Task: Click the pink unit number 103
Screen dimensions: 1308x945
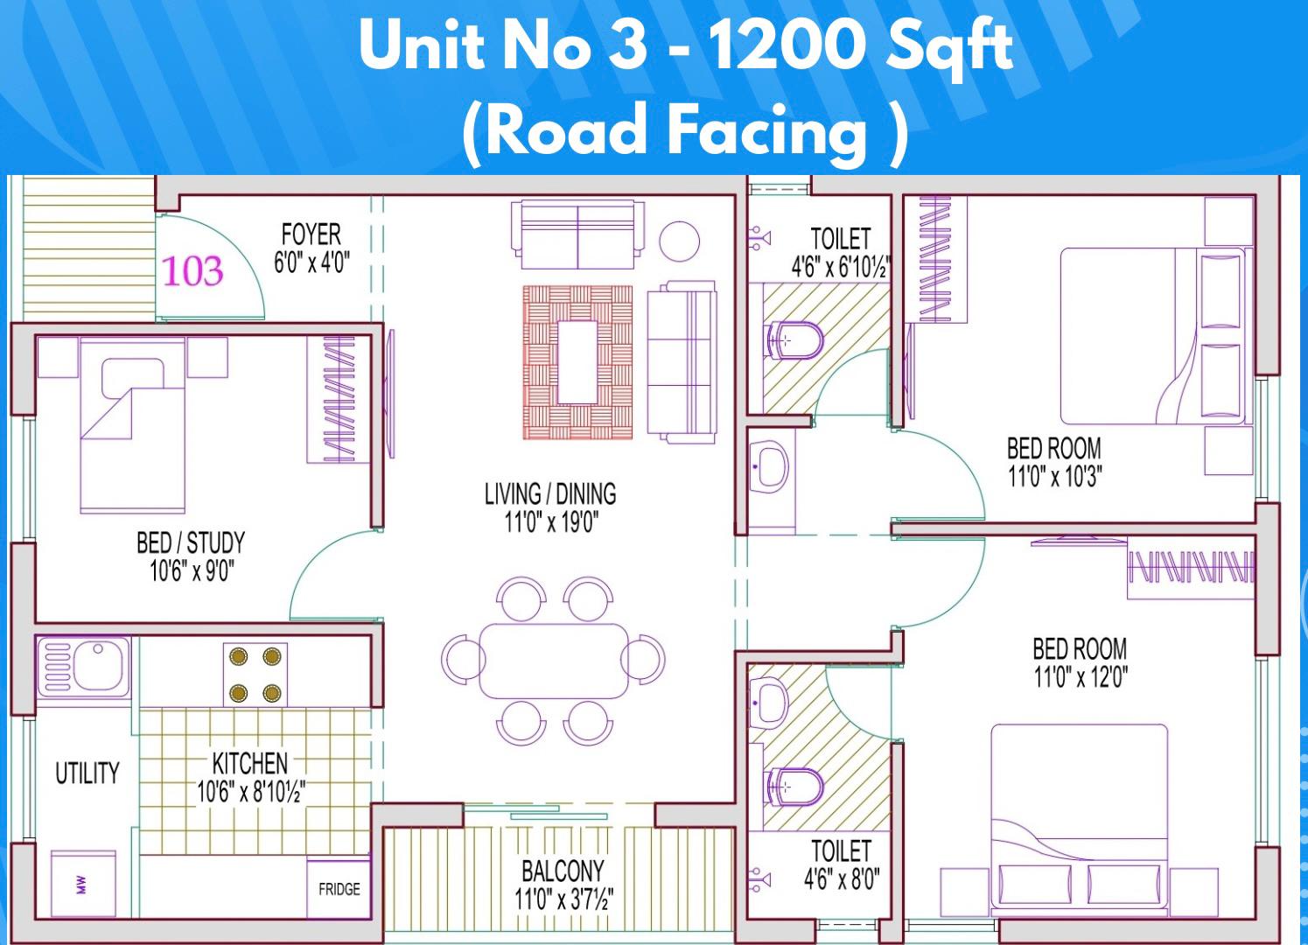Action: point(192,271)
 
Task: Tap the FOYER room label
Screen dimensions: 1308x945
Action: point(311,234)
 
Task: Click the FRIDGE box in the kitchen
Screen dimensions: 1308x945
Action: point(339,889)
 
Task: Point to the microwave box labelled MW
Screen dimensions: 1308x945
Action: point(83,883)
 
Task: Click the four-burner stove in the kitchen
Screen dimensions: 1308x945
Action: point(255,675)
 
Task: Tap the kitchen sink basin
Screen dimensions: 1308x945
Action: point(95,667)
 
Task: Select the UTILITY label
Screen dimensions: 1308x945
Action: point(87,773)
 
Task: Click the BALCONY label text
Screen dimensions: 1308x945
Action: point(563,871)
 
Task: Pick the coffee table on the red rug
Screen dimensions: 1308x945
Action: point(577,362)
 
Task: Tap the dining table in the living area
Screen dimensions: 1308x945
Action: point(554,661)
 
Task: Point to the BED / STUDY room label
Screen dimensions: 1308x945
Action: point(191,542)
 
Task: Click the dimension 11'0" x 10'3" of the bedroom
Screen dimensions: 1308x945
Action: point(1054,477)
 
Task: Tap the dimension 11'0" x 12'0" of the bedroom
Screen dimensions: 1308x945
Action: point(1081,678)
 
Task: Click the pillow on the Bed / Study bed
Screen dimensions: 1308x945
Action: point(133,377)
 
